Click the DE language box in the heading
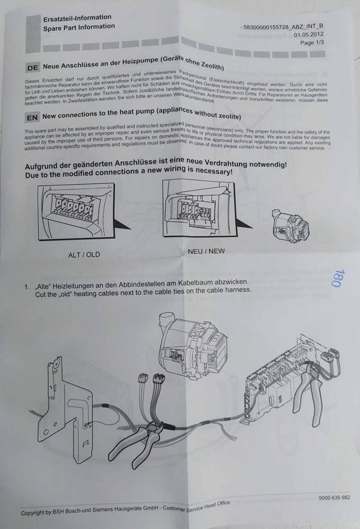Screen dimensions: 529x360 [x=32, y=68]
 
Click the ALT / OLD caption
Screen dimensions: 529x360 [x=84, y=254]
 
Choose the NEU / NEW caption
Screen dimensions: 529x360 [x=206, y=251]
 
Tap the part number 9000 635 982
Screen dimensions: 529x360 [x=334, y=498]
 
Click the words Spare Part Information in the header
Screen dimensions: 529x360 [x=79, y=26]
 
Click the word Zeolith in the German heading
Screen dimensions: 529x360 [x=210, y=66]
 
